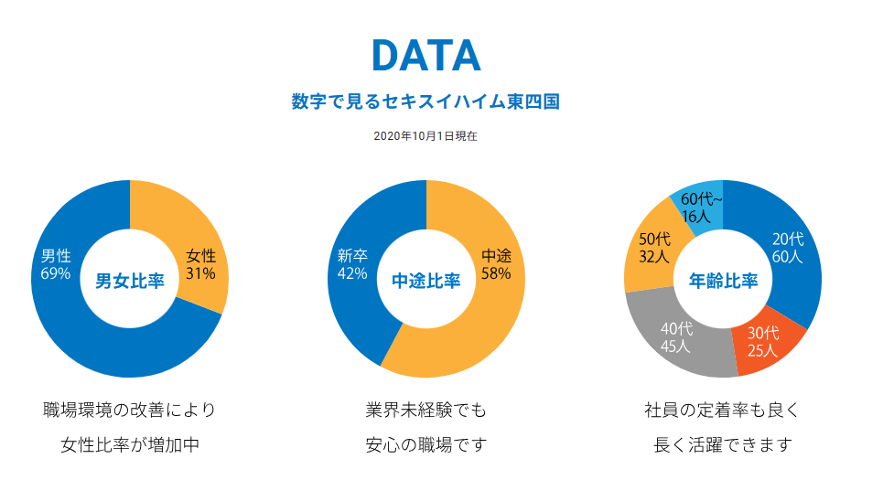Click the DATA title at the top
point(425,56)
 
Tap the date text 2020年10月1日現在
point(425,135)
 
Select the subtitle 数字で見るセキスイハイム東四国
point(425,101)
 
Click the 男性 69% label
point(56,264)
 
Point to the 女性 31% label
point(200,264)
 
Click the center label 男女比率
point(130,281)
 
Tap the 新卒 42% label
point(352,264)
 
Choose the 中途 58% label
point(496,264)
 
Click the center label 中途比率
point(426,281)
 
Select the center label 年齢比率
point(723,281)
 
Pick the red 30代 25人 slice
point(762,341)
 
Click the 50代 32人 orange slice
point(654,248)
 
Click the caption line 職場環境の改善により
point(130,410)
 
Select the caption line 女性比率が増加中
point(130,445)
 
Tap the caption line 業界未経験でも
point(426,410)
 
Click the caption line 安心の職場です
point(426,445)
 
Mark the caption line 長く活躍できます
point(723,445)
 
